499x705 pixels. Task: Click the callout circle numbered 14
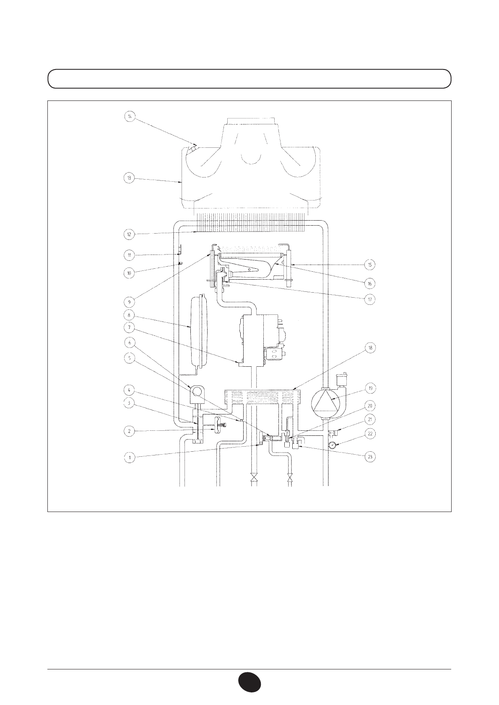tap(130, 117)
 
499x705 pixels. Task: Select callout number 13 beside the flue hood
tap(129, 178)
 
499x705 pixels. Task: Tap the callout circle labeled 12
tap(129, 234)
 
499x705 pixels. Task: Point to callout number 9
tap(129, 302)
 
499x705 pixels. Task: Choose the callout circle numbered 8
tap(129, 315)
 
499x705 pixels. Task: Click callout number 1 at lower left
tap(129, 458)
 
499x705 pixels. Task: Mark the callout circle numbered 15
tap(370, 265)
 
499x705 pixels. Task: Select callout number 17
tap(370, 299)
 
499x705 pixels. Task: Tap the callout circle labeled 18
tap(370, 348)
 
